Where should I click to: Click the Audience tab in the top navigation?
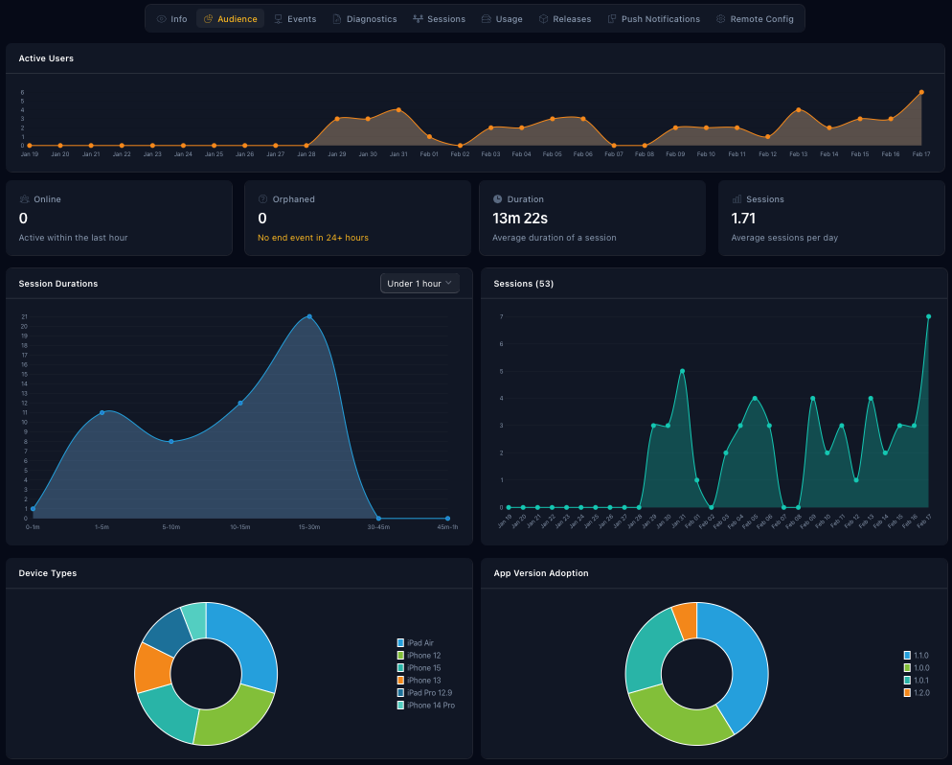(x=230, y=19)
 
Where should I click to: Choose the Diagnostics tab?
(x=364, y=19)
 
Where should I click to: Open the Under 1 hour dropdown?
(x=419, y=284)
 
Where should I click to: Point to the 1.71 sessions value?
(x=744, y=219)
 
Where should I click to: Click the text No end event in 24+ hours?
(x=313, y=238)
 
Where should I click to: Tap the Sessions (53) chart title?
(x=523, y=284)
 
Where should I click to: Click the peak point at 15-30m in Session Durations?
(x=309, y=316)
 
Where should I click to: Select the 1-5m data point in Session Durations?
(x=102, y=412)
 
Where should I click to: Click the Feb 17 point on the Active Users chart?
(x=921, y=92)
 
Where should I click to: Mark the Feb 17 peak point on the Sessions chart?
(x=928, y=316)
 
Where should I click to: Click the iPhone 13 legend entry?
(x=423, y=681)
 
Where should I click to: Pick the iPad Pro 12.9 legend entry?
(x=429, y=693)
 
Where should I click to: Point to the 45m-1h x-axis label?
(x=447, y=527)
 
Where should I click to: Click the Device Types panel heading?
(x=48, y=573)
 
